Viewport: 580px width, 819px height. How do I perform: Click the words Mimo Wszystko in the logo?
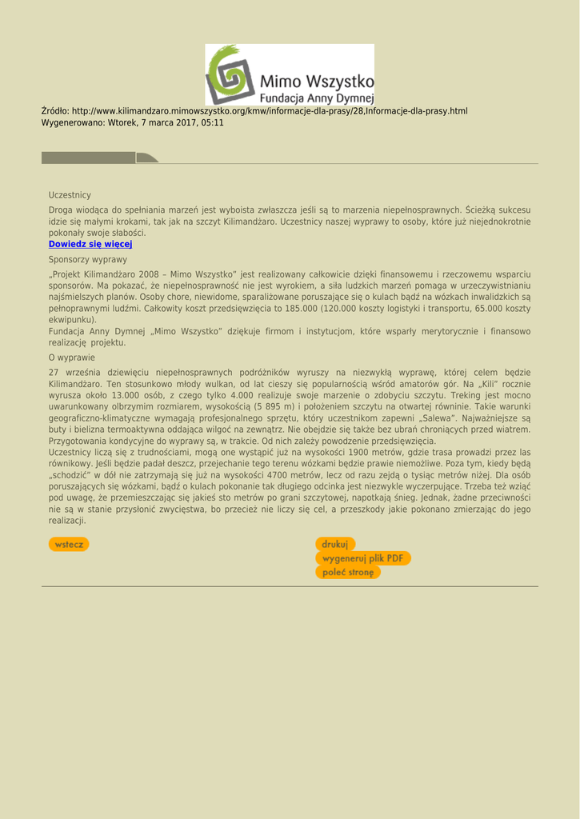pos(317,81)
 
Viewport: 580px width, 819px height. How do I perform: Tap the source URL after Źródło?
pos(269,111)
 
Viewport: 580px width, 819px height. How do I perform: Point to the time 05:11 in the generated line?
pos(213,123)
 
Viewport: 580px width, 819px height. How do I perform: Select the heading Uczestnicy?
pos(70,195)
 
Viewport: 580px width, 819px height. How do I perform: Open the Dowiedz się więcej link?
pos(90,244)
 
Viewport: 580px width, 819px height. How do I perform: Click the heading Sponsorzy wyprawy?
pos(87,260)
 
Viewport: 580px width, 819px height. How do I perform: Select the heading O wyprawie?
pos(71,358)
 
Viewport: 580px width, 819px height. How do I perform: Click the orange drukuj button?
pos(335,545)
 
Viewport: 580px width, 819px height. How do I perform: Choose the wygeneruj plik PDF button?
pos(362,558)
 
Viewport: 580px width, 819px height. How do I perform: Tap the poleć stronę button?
pos(348,572)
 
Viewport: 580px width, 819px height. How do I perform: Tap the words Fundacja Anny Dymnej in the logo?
pos(317,98)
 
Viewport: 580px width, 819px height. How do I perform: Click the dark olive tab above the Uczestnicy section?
pos(99,158)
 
